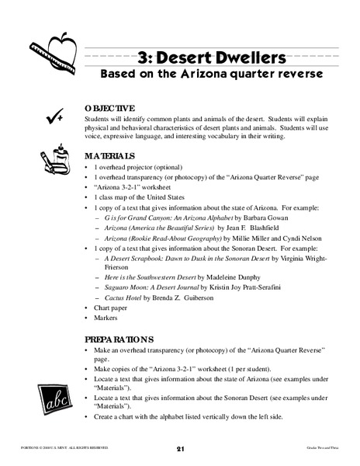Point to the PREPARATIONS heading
120,339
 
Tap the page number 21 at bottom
179,448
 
